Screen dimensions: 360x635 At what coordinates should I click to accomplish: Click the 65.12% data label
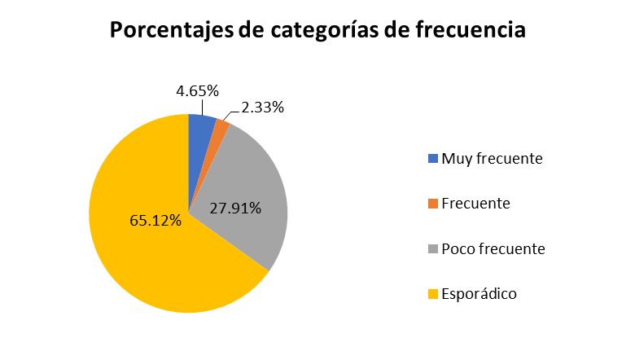[x=155, y=220]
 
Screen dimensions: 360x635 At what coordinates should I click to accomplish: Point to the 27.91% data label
[x=235, y=208]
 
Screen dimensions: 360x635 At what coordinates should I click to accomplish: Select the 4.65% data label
[x=198, y=91]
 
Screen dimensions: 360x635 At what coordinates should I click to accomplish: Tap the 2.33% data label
[x=263, y=107]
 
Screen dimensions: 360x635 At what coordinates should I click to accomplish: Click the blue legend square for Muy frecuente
[x=432, y=158]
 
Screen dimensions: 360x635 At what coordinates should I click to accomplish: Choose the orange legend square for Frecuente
[x=432, y=203]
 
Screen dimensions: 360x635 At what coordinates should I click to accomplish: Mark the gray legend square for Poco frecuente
[x=432, y=248]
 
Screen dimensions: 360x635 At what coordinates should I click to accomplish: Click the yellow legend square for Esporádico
[x=432, y=293]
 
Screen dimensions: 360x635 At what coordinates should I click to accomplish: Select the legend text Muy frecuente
[x=492, y=158]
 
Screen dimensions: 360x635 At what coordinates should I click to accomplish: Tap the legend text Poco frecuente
[x=493, y=248]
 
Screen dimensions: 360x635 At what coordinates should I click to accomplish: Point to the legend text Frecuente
[x=475, y=203]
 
